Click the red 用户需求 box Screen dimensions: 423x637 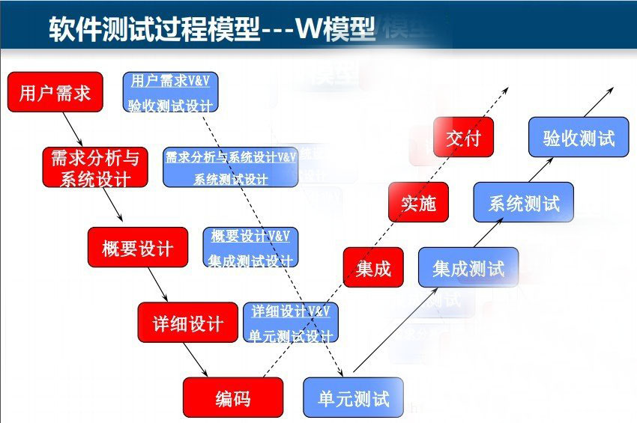(55, 92)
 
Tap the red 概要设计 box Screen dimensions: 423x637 (137, 247)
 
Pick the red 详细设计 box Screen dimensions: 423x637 (187, 323)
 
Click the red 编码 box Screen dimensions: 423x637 (233, 398)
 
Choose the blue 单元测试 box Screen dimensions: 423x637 (353, 398)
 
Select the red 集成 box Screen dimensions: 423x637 (373, 267)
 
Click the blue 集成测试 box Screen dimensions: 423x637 (468, 267)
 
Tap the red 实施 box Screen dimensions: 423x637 (418, 202)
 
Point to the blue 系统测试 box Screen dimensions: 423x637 (523, 202)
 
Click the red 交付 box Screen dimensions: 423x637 (463, 137)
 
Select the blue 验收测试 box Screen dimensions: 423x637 (578, 137)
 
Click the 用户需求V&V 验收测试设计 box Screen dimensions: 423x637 (170, 92)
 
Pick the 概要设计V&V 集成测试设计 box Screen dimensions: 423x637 (250, 247)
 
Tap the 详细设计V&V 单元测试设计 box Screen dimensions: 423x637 (291, 323)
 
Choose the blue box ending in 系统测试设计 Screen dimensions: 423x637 (230, 168)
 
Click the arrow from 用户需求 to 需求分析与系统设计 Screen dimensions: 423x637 (73, 130)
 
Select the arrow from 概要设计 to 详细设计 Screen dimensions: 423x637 (158, 284)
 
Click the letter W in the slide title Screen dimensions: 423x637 (309, 28)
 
